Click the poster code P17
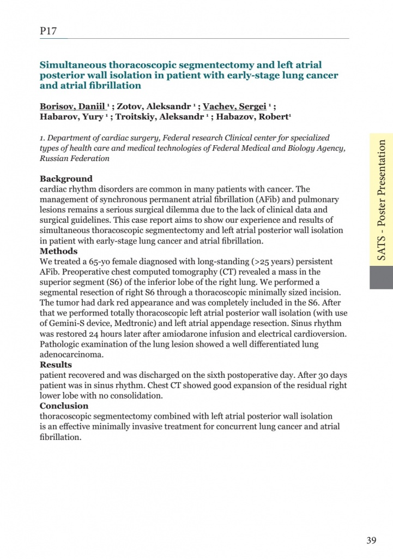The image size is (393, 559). pyautogui.click(x=49, y=31)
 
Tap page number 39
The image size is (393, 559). pyautogui.click(x=371, y=541)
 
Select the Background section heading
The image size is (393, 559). pyautogui.click(x=66, y=179)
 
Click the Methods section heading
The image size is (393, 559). pyautogui.click(x=58, y=251)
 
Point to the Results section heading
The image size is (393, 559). pyautogui.click(x=56, y=365)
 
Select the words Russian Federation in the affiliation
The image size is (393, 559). pyautogui.click(x=75, y=159)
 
